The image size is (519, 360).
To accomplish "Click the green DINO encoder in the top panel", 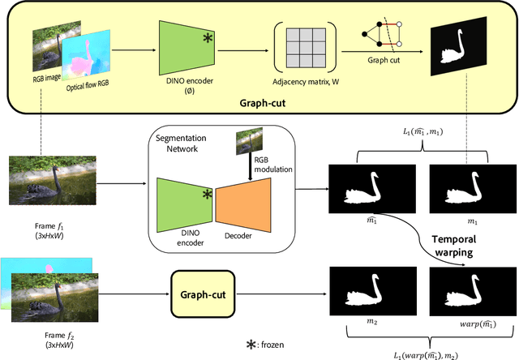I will [184, 51].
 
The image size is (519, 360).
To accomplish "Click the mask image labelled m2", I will [372, 290].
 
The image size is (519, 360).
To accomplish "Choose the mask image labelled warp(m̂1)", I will [473, 290].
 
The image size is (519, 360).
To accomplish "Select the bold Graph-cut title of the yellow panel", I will [263, 104].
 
